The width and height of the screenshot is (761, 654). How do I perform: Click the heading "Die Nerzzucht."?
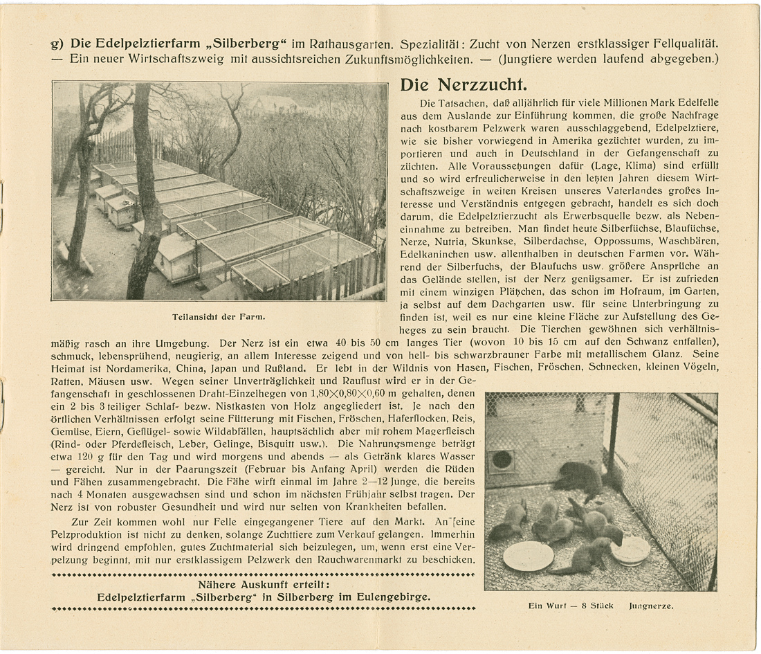[x=464, y=86]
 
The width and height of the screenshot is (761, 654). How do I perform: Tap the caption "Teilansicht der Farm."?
[x=219, y=317]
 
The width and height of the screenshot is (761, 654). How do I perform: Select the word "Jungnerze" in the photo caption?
[x=651, y=606]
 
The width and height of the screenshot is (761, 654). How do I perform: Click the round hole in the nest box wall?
[x=502, y=460]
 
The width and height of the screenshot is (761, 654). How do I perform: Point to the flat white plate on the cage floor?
[x=528, y=555]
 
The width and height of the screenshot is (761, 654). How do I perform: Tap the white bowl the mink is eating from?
[x=630, y=550]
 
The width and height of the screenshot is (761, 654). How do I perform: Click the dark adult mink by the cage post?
[x=580, y=477]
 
